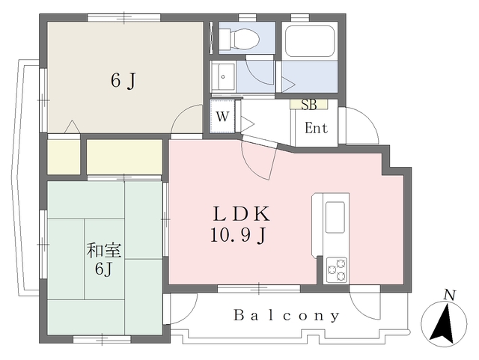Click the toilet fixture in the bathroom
click(242, 37)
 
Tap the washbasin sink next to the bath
click(223, 76)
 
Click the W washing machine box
click(222, 117)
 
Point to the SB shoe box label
click(308, 105)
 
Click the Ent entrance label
click(316, 128)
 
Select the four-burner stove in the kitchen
click(336, 269)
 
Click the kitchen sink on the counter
click(335, 217)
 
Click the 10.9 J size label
click(239, 237)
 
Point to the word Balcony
click(287, 315)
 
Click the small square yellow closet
click(64, 156)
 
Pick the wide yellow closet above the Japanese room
click(124, 156)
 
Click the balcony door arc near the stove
click(365, 303)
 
